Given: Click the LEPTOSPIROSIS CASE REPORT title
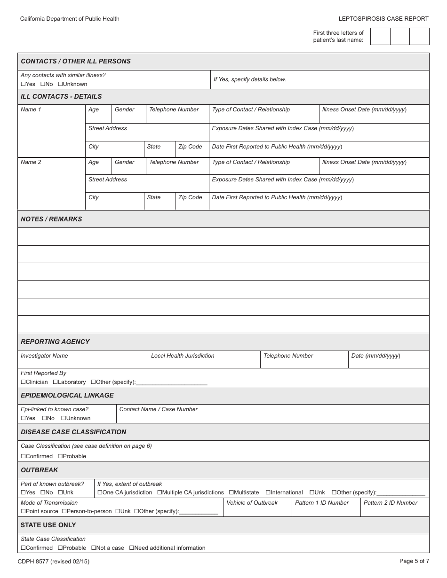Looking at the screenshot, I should click(x=383, y=19).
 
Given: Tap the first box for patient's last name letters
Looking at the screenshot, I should click(x=380, y=36).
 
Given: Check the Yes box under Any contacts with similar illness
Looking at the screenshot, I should click(x=23, y=84).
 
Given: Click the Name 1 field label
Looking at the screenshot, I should click(x=31, y=109).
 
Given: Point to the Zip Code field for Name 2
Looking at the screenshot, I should click(x=192, y=201).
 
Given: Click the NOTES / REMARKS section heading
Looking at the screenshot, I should click(x=51, y=219).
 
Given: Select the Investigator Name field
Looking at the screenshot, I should click(x=83, y=360).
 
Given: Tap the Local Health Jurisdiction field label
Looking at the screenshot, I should click(x=183, y=356).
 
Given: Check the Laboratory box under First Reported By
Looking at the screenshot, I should click(x=55, y=382).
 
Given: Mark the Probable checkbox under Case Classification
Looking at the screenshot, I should click(x=60, y=456).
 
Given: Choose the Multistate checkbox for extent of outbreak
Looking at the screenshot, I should click(x=231, y=492).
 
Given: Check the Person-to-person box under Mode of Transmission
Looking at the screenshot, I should click(x=64, y=511).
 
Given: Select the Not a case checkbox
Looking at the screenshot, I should click(x=93, y=548).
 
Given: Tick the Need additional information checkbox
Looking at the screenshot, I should click(x=132, y=548).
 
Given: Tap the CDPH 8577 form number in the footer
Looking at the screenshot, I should click(x=54, y=561).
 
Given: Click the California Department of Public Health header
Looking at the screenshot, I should click(x=70, y=19).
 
